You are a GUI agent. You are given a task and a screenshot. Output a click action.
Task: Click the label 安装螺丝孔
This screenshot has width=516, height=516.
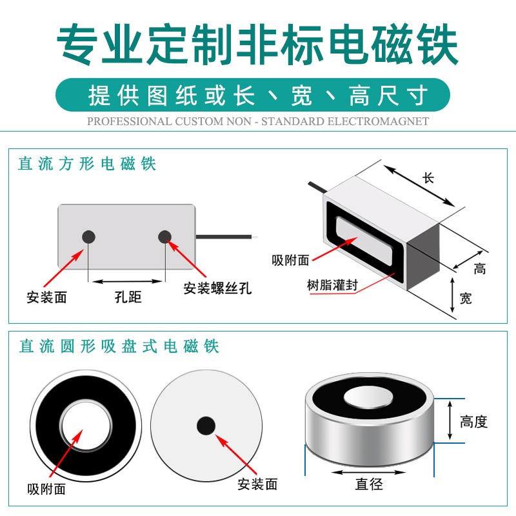click(217, 288)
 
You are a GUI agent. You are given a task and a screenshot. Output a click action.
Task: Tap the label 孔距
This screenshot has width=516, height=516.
click(128, 297)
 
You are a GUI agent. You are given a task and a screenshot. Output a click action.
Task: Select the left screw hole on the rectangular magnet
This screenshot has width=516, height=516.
click(88, 237)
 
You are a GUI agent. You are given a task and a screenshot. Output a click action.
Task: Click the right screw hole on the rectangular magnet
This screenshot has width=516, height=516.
click(165, 237)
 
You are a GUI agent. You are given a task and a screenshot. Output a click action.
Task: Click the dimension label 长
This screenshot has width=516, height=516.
click(428, 179)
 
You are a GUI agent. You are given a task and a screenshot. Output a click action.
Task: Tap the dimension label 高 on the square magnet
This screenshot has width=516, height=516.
click(479, 269)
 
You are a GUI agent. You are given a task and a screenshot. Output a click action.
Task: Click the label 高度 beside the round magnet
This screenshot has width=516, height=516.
click(474, 422)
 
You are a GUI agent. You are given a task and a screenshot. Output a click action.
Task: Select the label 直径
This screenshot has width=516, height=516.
click(369, 484)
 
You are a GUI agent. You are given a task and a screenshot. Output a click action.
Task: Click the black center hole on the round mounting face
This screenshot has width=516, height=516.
click(206, 425)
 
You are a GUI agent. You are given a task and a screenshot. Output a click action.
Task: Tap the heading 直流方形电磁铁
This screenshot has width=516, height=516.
click(87, 164)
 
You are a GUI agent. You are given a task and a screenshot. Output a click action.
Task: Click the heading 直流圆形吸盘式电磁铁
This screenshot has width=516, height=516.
click(119, 346)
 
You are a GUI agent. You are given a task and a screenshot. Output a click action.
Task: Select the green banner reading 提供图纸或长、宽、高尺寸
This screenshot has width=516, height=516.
click(258, 95)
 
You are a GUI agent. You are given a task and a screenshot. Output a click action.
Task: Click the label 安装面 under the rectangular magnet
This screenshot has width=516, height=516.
click(46, 297)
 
